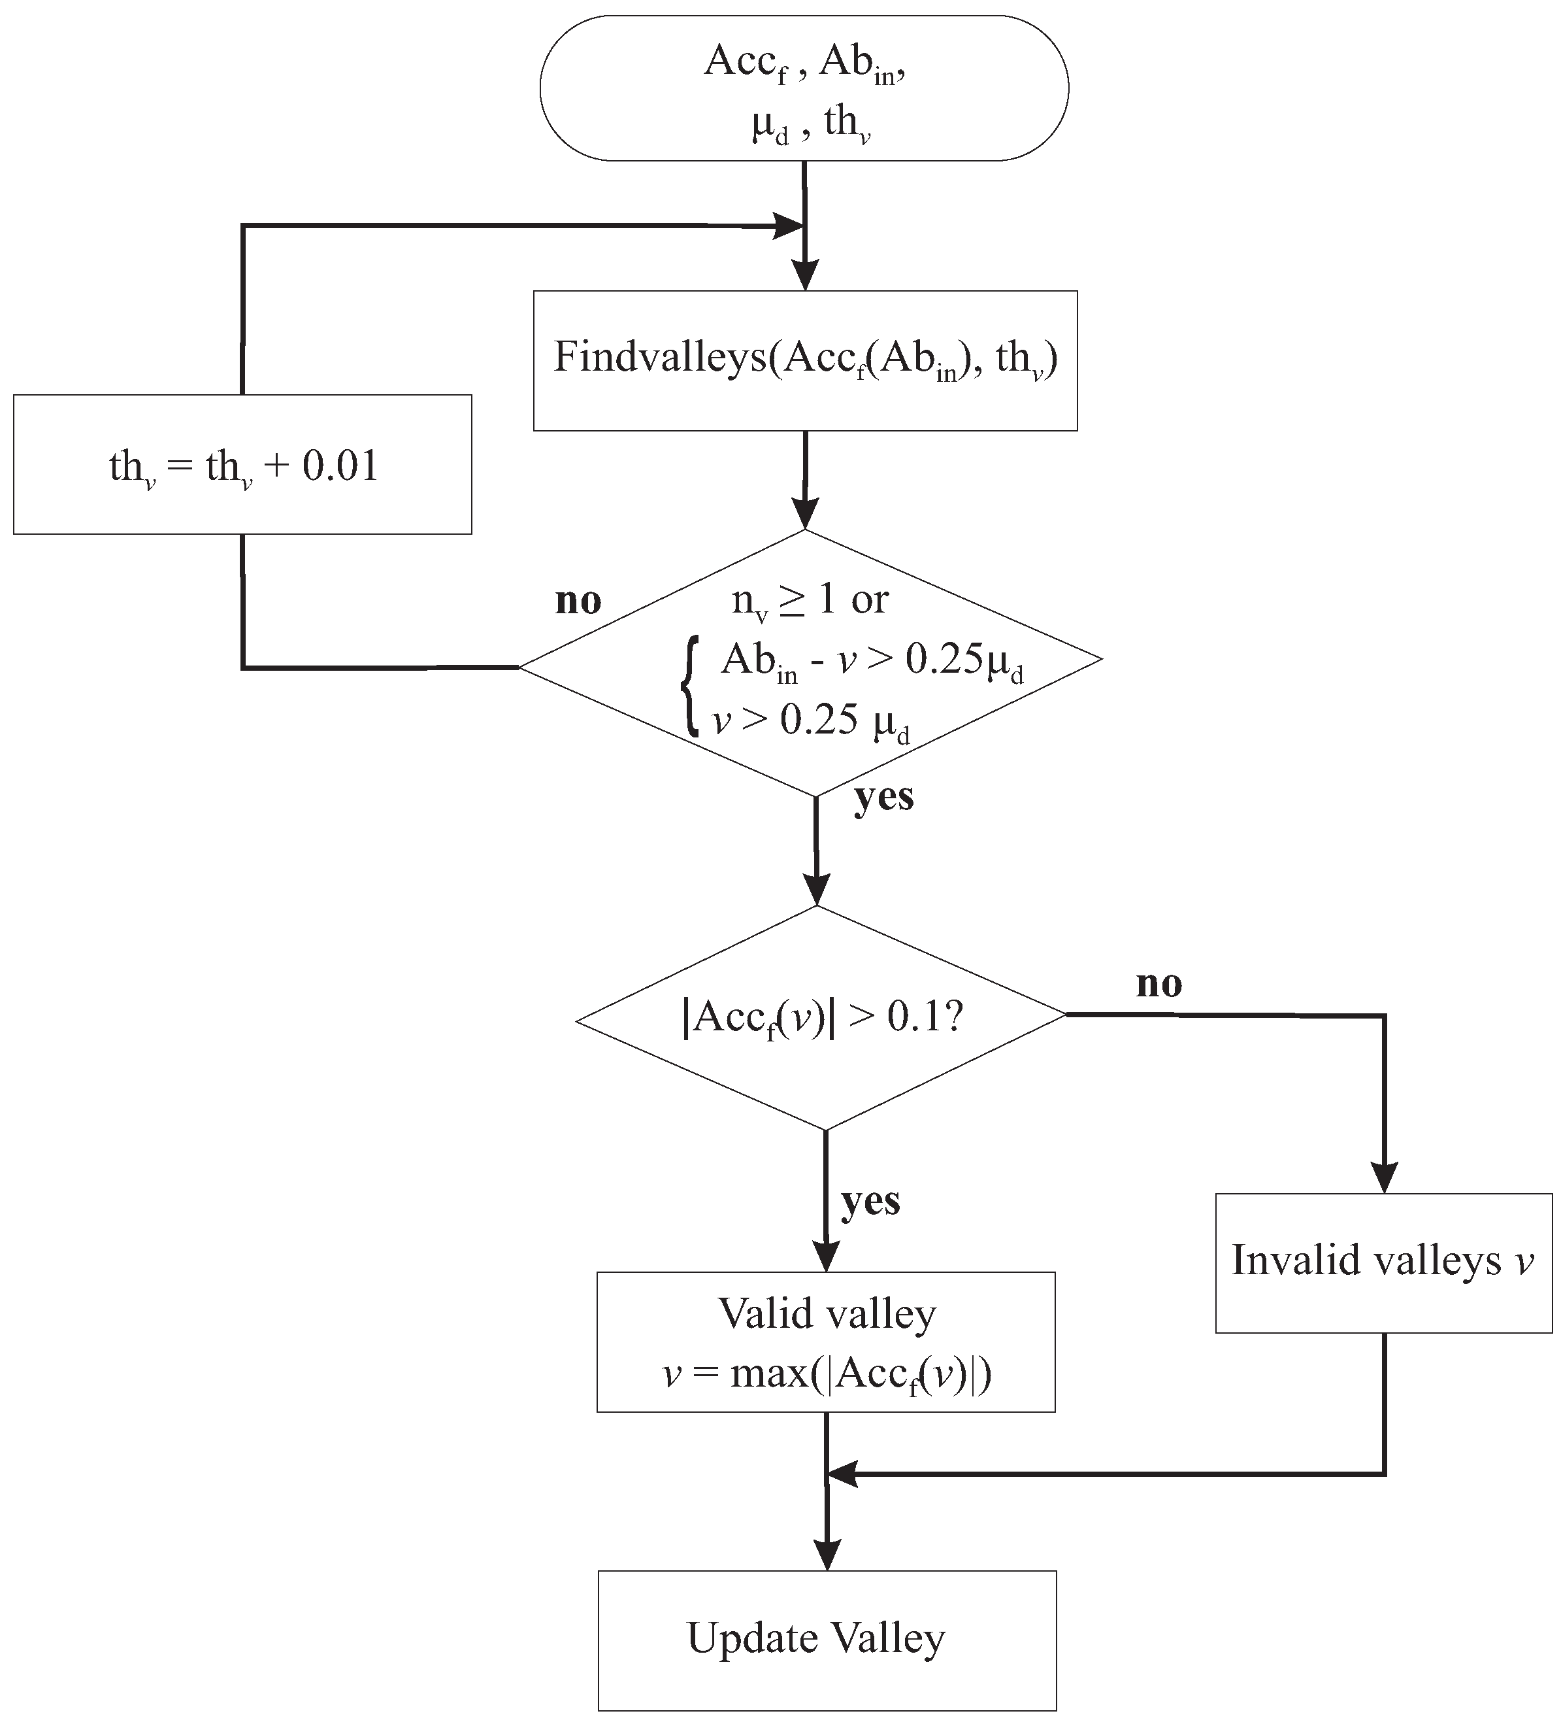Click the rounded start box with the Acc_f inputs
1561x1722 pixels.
(x=804, y=88)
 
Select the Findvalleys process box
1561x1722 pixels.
(x=804, y=360)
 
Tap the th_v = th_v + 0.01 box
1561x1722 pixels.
(x=242, y=465)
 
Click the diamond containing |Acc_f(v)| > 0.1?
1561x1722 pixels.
(x=821, y=1017)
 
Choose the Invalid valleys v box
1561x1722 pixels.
(x=1383, y=1262)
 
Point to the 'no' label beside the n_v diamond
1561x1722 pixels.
(x=578, y=601)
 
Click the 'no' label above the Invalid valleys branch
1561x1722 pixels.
(x=1158, y=984)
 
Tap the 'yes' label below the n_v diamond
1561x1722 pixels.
(x=884, y=796)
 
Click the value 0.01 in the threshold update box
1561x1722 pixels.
(x=340, y=466)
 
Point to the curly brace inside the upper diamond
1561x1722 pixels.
(x=689, y=686)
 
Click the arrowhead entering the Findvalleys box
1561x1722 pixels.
(x=804, y=275)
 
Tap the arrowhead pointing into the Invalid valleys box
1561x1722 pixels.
(x=1383, y=1176)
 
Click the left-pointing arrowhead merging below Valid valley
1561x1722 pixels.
(x=842, y=1474)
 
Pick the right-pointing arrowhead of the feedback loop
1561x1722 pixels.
(x=787, y=226)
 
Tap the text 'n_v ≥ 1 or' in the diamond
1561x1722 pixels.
(x=810, y=601)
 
